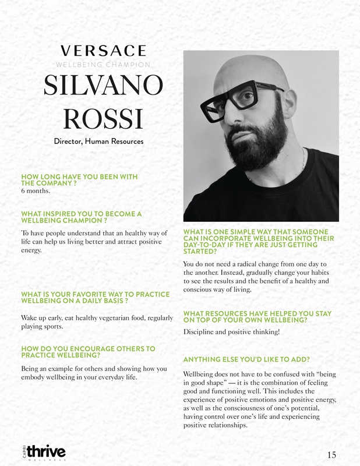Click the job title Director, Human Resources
pyautogui.click(x=103, y=141)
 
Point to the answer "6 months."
pyautogui.click(x=36, y=190)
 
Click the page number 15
pyautogui.click(x=332, y=455)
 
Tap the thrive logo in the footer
pyautogui.click(x=45, y=451)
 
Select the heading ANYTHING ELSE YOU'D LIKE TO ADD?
pyautogui.click(x=246, y=359)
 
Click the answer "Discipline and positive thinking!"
pyautogui.click(x=231, y=332)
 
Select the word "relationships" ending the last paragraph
pyautogui.click(x=228, y=426)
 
